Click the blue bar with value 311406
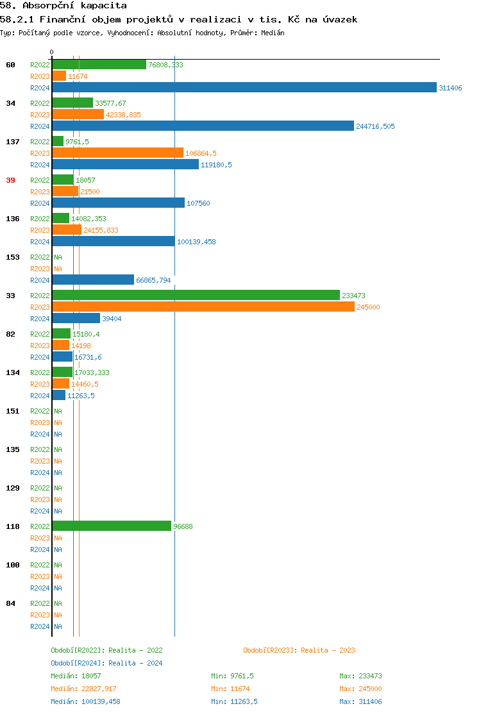click(244, 88)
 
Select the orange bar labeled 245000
click(203, 307)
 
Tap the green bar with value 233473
click(196, 296)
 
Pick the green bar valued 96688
click(112, 526)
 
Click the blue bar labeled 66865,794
click(93, 280)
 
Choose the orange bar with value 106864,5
click(117, 153)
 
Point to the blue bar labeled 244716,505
click(203, 126)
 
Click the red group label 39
click(10, 180)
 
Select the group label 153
click(13, 257)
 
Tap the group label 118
click(13, 526)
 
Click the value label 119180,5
click(216, 165)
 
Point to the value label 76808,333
click(165, 65)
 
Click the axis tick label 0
click(52, 52)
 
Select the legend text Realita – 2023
click(328, 650)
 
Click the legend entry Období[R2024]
click(78, 663)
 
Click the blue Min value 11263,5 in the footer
click(243, 701)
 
